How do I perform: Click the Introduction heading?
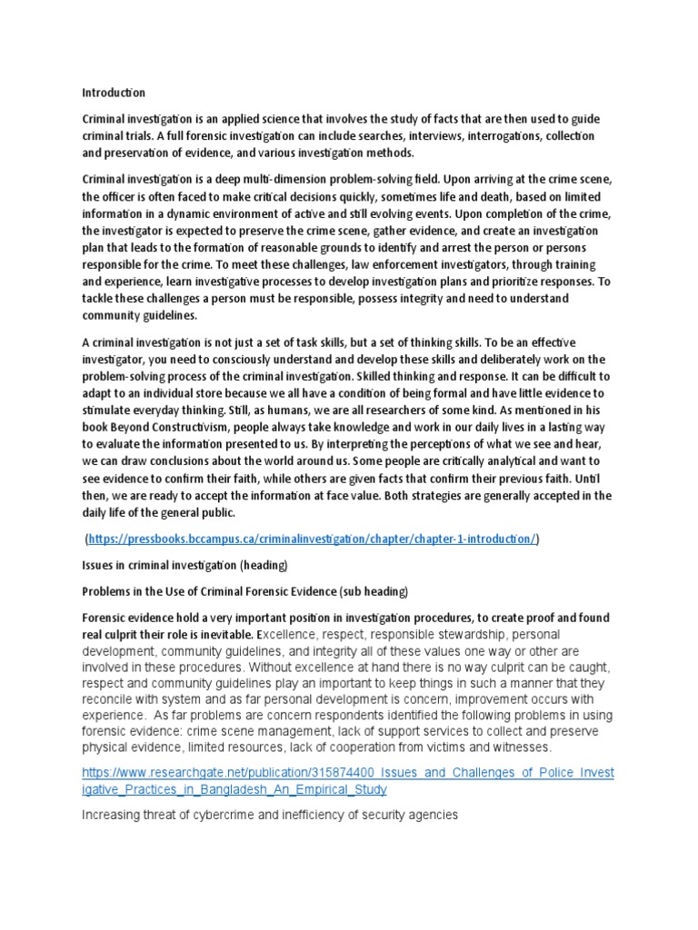(x=114, y=93)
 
